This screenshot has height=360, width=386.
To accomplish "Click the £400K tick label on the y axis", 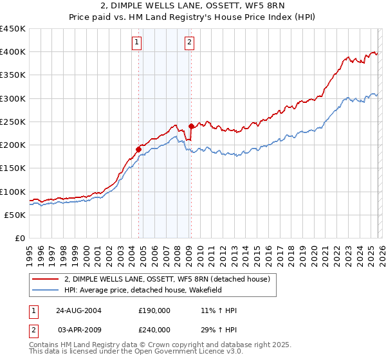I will click(13, 52).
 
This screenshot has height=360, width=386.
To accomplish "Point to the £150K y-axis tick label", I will click(13, 168).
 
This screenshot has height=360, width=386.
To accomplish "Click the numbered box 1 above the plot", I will click(138, 43).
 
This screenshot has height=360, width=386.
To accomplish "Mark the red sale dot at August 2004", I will click(138, 150).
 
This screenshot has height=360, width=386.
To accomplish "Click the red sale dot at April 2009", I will click(191, 127).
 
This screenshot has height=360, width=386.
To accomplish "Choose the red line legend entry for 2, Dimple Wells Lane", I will click(170, 279).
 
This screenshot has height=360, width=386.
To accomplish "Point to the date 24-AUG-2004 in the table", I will click(78, 310).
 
